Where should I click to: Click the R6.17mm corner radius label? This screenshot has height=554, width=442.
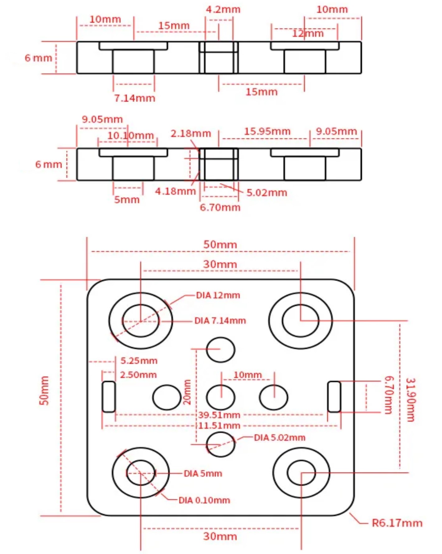pyautogui.click(x=397, y=523)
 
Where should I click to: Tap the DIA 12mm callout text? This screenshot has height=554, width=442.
pyautogui.click(x=218, y=295)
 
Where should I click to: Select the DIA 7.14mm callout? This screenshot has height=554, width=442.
pyautogui.click(x=220, y=321)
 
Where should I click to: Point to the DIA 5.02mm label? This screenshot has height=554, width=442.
pyautogui.click(x=280, y=438)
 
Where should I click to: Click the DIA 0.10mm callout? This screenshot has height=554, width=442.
pyautogui.click(x=204, y=500)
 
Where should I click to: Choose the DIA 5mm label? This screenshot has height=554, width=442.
pyautogui.click(x=203, y=474)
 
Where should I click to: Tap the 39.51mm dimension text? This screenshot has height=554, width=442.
pyautogui.click(x=219, y=415)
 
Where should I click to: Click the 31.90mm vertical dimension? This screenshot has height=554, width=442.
pyautogui.click(x=410, y=400)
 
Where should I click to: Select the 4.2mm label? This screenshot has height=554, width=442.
pyautogui.click(x=223, y=9)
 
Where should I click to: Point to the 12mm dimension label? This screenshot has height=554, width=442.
pyautogui.click(x=308, y=33)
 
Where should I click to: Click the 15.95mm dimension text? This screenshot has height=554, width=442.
pyautogui.click(x=267, y=131)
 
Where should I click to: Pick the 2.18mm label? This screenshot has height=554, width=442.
pyautogui.click(x=190, y=134)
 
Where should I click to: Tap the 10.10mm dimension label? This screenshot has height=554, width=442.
pyautogui.click(x=130, y=135)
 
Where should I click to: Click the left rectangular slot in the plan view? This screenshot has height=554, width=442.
pyautogui.click(x=109, y=397)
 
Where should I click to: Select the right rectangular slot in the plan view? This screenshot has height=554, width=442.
pyautogui.click(x=334, y=397)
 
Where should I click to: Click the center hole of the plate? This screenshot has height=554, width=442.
pyautogui.click(x=221, y=397)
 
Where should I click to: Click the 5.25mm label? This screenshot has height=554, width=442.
pyautogui.click(x=139, y=361)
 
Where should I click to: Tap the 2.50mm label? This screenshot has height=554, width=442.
pyautogui.click(x=138, y=375)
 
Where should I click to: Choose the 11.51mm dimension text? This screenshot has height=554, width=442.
pyautogui.click(x=219, y=425)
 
